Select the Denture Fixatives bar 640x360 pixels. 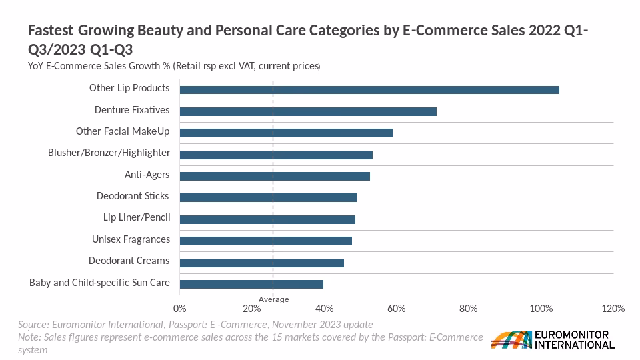[308, 111]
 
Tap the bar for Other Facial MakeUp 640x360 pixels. [287, 133]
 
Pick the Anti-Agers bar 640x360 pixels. [275, 176]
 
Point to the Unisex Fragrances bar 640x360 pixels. [266, 241]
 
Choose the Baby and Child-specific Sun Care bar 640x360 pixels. [251, 284]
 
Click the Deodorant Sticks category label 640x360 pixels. [133, 196]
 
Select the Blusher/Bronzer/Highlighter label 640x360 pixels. [109, 153]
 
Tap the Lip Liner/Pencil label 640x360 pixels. [137, 218]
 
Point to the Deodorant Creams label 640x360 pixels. [129, 261]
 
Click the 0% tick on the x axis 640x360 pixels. [179, 309]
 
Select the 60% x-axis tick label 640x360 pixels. [396, 309]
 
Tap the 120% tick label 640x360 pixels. [613, 309]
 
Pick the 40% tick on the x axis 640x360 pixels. [324, 309]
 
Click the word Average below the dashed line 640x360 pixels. [274, 299]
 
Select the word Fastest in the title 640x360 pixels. [51, 31]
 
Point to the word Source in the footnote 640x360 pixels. [33, 324]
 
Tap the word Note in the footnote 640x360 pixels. [29, 337]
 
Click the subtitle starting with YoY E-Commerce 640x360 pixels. [174, 66]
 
